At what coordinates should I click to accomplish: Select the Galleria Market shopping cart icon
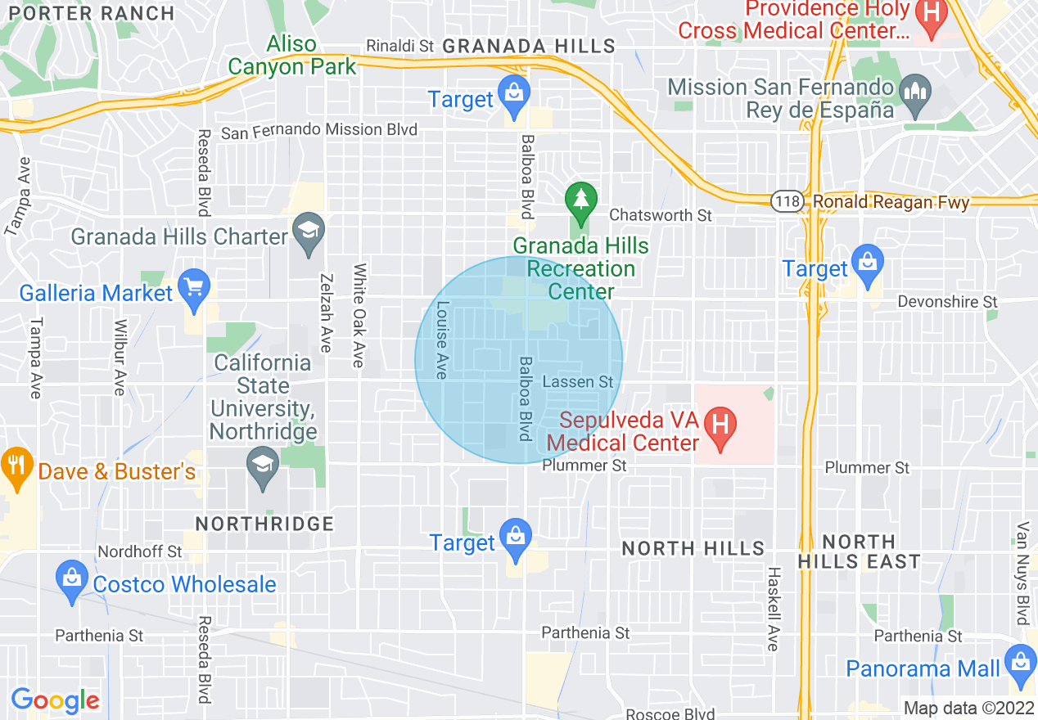click(x=194, y=288)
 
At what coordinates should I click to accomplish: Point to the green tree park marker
click(x=581, y=201)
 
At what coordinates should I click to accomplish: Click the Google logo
click(x=55, y=700)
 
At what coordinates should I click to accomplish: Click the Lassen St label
click(x=577, y=382)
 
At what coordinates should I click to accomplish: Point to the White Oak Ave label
click(x=359, y=315)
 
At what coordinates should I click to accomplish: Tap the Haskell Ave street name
click(x=772, y=609)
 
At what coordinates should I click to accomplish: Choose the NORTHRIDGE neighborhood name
click(x=265, y=524)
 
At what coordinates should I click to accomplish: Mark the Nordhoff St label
click(x=140, y=551)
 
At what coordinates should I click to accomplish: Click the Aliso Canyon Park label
click(x=292, y=55)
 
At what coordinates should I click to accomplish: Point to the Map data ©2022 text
click(x=968, y=708)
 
